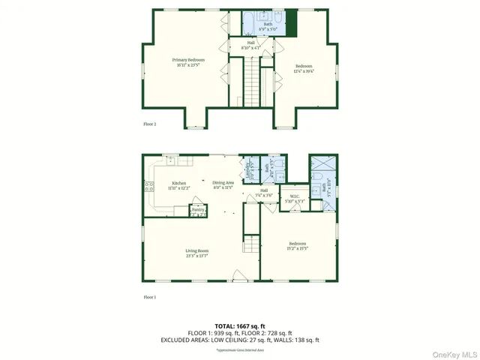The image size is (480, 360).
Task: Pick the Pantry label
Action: [x=198, y=211]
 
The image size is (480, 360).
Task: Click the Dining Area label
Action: [x=223, y=182]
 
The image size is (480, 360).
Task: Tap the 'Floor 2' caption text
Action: [x=150, y=123]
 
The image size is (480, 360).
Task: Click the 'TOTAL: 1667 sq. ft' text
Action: [x=240, y=325]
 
